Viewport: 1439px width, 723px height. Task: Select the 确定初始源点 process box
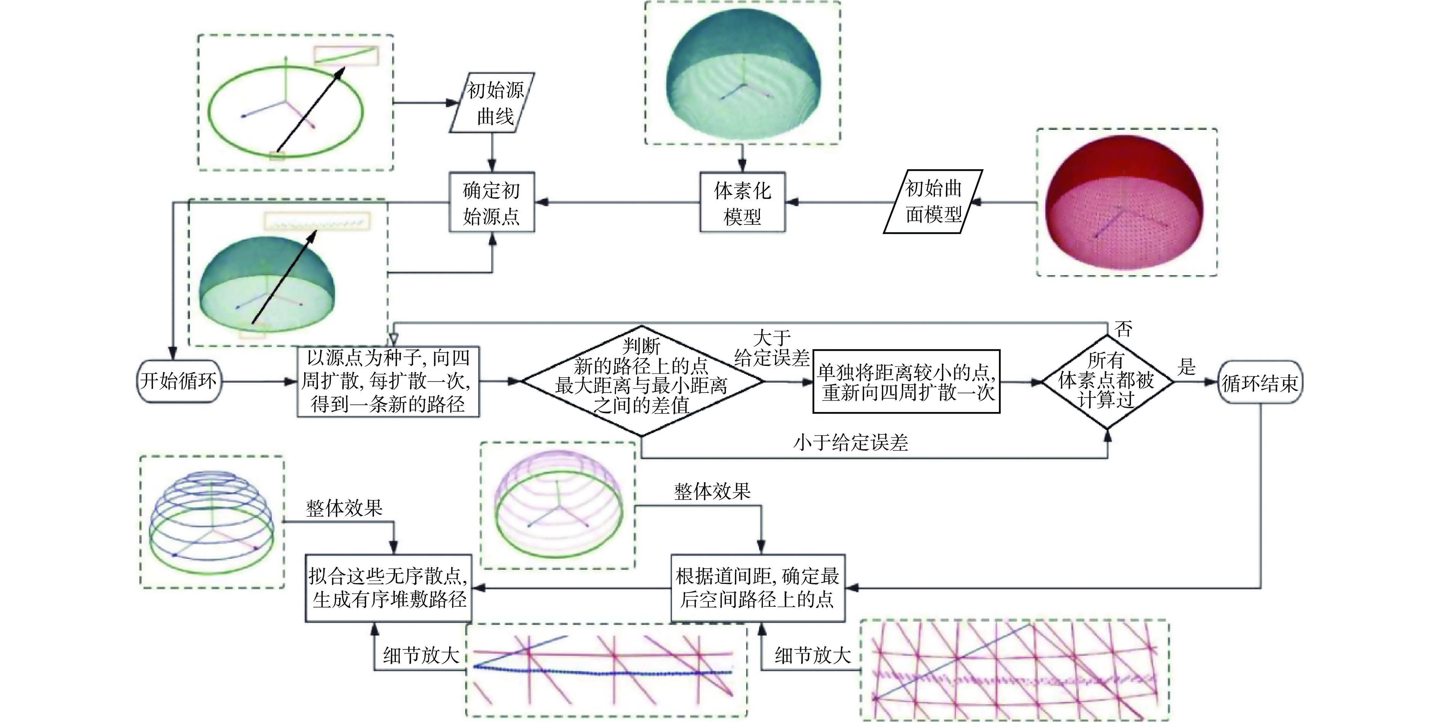[x=491, y=202]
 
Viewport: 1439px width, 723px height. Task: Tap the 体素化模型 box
[x=742, y=202]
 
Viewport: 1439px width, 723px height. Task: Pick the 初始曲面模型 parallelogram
[x=933, y=201]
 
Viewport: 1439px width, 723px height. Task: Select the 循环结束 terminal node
[x=1260, y=383]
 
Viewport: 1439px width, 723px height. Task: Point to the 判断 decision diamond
[x=641, y=381]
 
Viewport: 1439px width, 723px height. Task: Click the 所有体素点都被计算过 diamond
[x=1107, y=382]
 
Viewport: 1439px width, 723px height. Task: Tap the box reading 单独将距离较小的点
[x=906, y=382]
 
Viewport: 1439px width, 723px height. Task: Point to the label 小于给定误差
[x=850, y=443]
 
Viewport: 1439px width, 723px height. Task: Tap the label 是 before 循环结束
[x=1186, y=367]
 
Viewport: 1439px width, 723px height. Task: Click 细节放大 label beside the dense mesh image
[x=812, y=655]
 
